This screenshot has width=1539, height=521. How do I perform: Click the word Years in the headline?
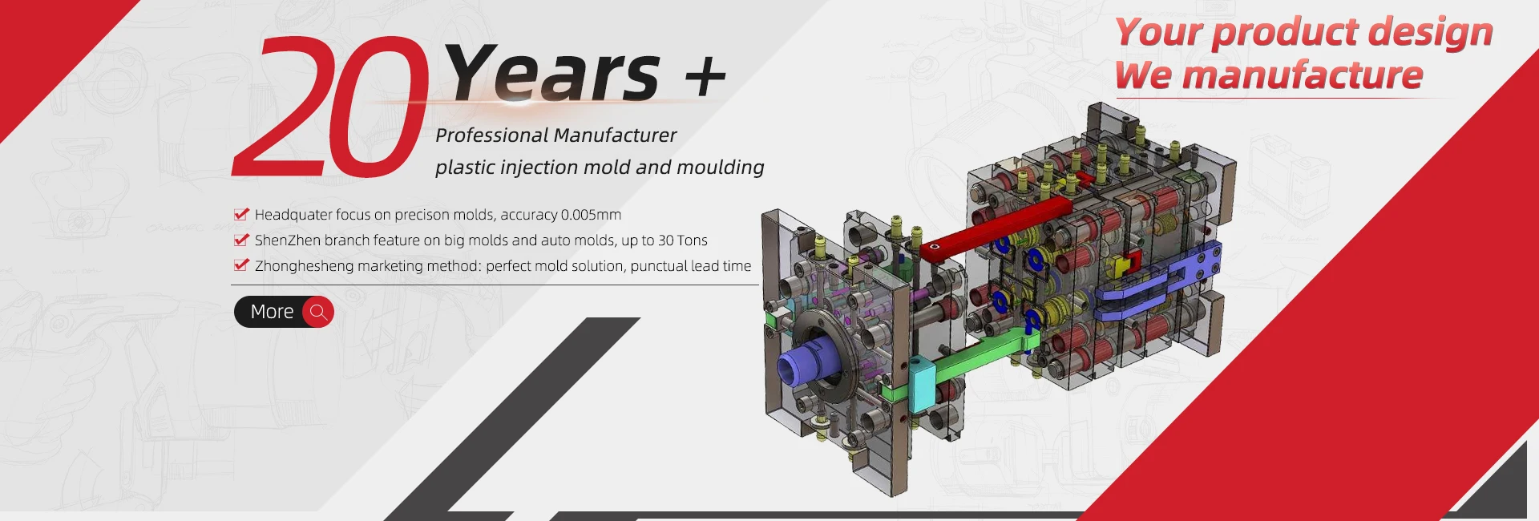click(552, 73)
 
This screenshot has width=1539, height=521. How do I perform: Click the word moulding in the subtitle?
click(721, 168)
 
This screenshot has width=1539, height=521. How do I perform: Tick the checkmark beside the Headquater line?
click(241, 214)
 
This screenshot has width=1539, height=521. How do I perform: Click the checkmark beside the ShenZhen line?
click(241, 240)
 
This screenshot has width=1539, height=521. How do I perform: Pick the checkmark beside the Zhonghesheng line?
click(241, 265)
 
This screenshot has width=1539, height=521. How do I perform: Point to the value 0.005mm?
click(591, 215)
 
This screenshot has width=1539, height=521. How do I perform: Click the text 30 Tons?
click(683, 240)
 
